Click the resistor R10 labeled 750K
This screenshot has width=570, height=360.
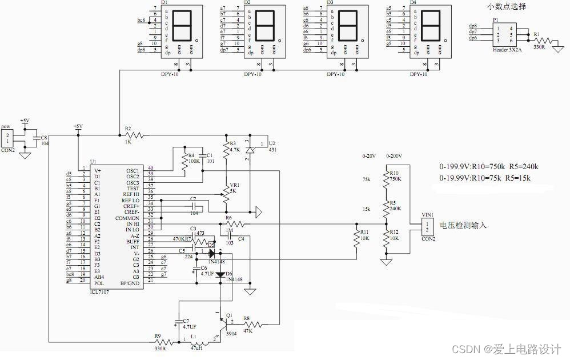pos(387,178)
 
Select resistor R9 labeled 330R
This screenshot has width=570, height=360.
pos(160,342)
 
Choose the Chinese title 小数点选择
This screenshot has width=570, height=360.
pos(506,7)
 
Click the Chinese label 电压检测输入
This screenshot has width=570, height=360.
pos(463,225)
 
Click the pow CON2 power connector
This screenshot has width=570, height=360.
pos(7,137)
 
